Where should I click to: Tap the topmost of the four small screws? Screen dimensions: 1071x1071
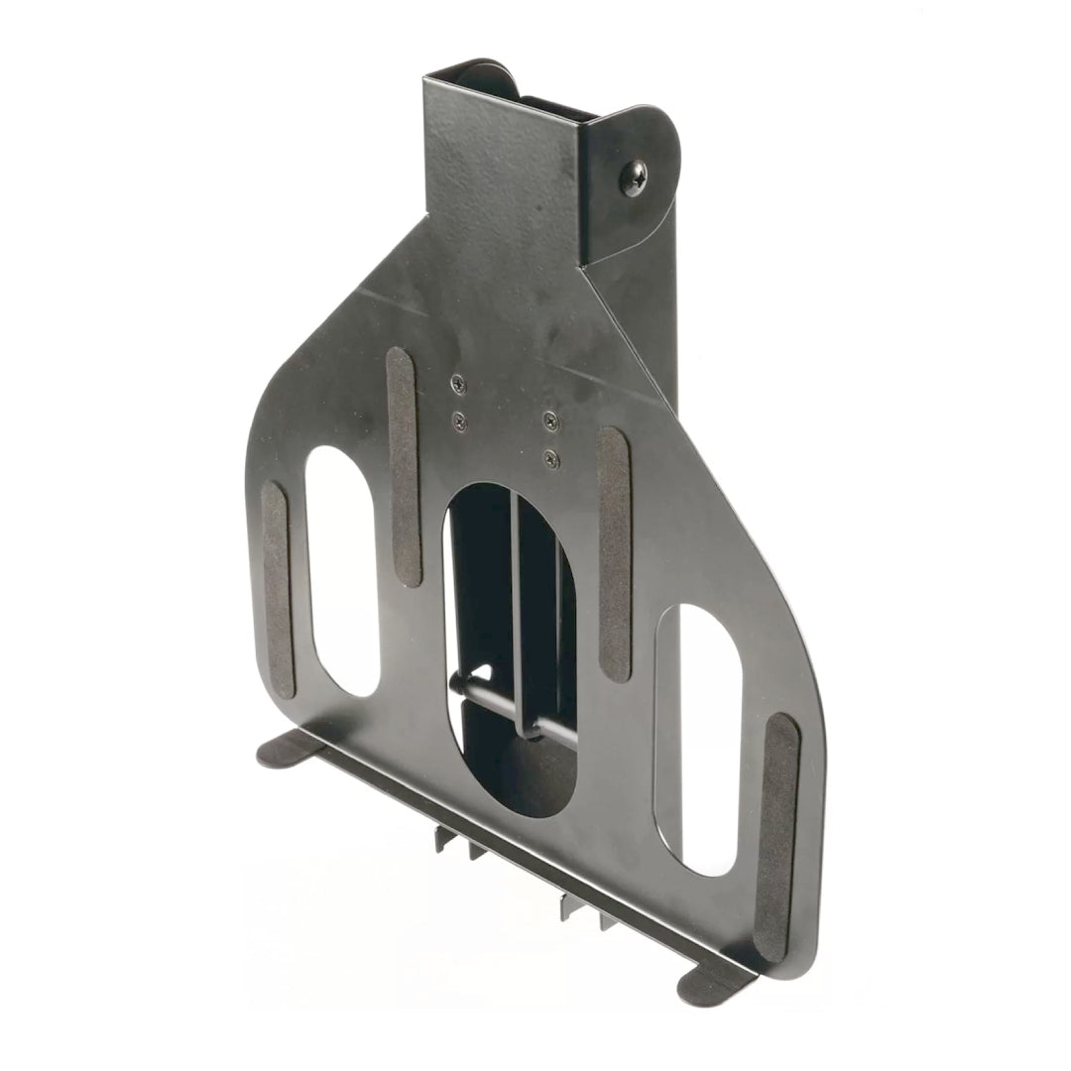coord(457,383)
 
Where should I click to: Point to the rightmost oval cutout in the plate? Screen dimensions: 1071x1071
coord(709,738)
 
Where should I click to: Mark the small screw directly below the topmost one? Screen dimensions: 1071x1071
coord(458,420)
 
